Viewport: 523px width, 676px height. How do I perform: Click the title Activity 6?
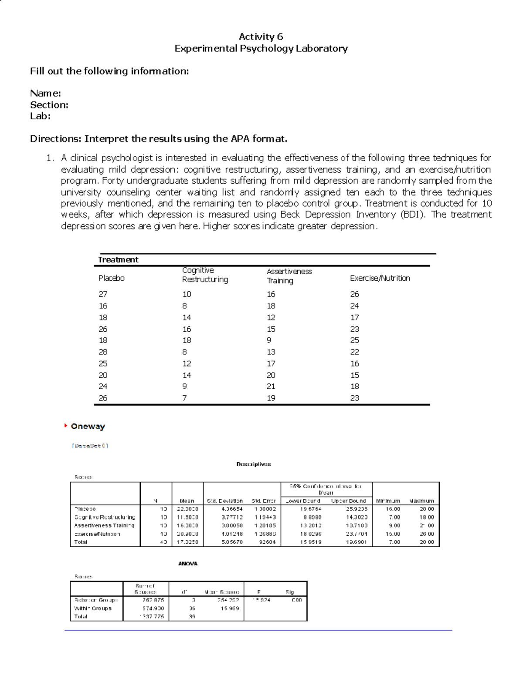click(261, 37)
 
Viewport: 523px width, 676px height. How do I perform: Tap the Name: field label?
click(45, 93)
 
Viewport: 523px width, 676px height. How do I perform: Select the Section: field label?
click(49, 105)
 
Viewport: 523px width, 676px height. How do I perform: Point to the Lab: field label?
click(40, 116)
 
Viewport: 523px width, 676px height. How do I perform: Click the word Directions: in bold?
click(55, 139)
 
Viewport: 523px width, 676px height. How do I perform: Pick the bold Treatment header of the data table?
click(118, 260)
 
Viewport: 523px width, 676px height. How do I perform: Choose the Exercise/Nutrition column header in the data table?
click(380, 278)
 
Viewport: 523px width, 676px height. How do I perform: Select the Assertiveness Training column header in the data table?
click(289, 276)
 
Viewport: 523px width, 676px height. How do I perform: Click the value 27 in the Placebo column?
click(102, 294)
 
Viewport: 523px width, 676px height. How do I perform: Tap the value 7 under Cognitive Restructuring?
click(184, 398)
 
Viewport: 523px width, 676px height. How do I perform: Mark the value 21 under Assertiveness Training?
click(271, 387)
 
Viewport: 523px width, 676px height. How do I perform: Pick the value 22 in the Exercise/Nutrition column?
click(354, 352)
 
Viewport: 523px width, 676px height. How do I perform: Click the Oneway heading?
click(88, 427)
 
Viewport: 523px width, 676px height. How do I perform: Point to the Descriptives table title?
click(253, 464)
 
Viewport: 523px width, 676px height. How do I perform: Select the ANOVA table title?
click(187, 563)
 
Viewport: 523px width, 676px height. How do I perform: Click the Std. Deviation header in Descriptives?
click(224, 501)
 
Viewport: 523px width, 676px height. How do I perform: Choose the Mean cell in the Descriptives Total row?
click(188, 542)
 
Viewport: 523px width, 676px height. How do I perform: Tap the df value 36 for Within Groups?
click(192, 609)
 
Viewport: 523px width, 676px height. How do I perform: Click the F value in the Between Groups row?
click(261, 600)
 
